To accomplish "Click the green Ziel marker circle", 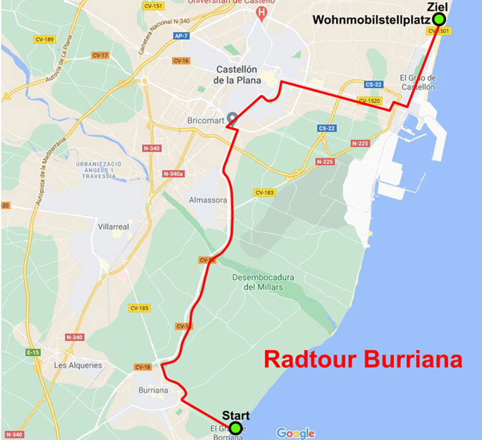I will [439, 19].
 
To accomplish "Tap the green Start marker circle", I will [235, 427].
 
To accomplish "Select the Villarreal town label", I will [113, 226].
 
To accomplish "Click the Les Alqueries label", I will [78, 365].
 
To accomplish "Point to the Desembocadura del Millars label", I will [263, 282].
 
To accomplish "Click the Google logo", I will [295, 433].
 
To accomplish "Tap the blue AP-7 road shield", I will [180, 36].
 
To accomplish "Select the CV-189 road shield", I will [44, 40].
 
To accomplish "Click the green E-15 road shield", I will [33, 352].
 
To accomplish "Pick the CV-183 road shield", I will [265, 193].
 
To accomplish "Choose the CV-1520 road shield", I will [370, 101].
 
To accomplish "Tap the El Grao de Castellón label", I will [417, 82].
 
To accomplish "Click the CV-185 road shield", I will [139, 307].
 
